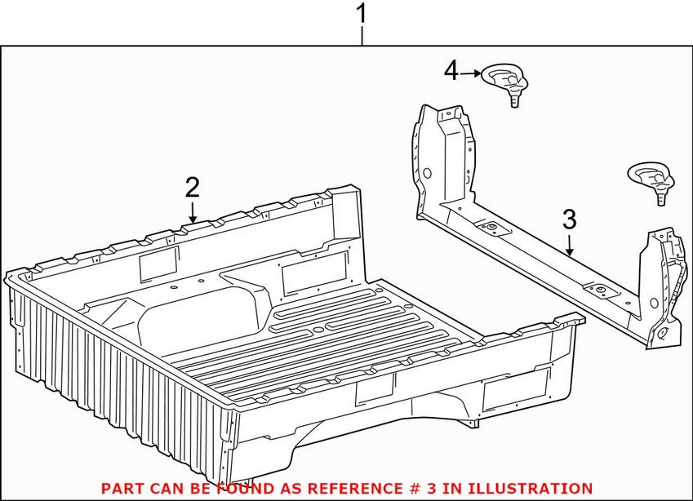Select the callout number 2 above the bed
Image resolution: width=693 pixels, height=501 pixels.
tap(192, 188)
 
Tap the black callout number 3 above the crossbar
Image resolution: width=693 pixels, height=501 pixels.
tap(569, 219)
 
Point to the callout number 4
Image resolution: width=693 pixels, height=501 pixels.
tap(451, 72)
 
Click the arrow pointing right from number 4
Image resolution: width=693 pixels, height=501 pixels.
tap(471, 73)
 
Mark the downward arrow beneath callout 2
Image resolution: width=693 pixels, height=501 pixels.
tap(193, 213)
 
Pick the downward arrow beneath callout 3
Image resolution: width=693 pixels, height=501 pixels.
tap(570, 245)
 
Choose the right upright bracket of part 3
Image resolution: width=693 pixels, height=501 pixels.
tap(664, 286)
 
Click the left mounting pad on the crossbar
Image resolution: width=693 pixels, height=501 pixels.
tap(492, 229)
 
